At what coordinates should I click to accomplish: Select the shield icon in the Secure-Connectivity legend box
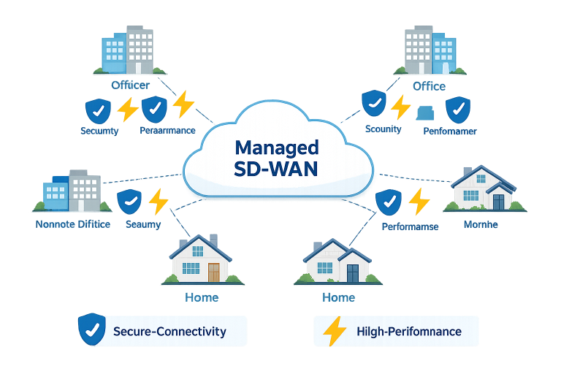(x=91, y=329)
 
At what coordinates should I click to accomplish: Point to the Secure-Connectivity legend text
(x=169, y=332)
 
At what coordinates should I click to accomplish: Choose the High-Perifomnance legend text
(x=409, y=332)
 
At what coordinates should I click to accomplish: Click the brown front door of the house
(x=213, y=272)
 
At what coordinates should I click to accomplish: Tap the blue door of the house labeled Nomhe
(x=499, y=201)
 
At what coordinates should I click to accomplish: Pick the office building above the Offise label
(x=430, y=50)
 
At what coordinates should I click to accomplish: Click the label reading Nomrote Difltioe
(x=73, y=224)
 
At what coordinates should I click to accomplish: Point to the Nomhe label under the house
(x=481, y=224)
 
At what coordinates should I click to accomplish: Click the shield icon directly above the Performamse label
(x=387, y=201)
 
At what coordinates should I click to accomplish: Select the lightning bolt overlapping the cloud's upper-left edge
(x=183, y=105)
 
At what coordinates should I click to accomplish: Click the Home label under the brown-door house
(x=201, y=297)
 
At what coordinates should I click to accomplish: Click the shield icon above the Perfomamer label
(x=458, y=110)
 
